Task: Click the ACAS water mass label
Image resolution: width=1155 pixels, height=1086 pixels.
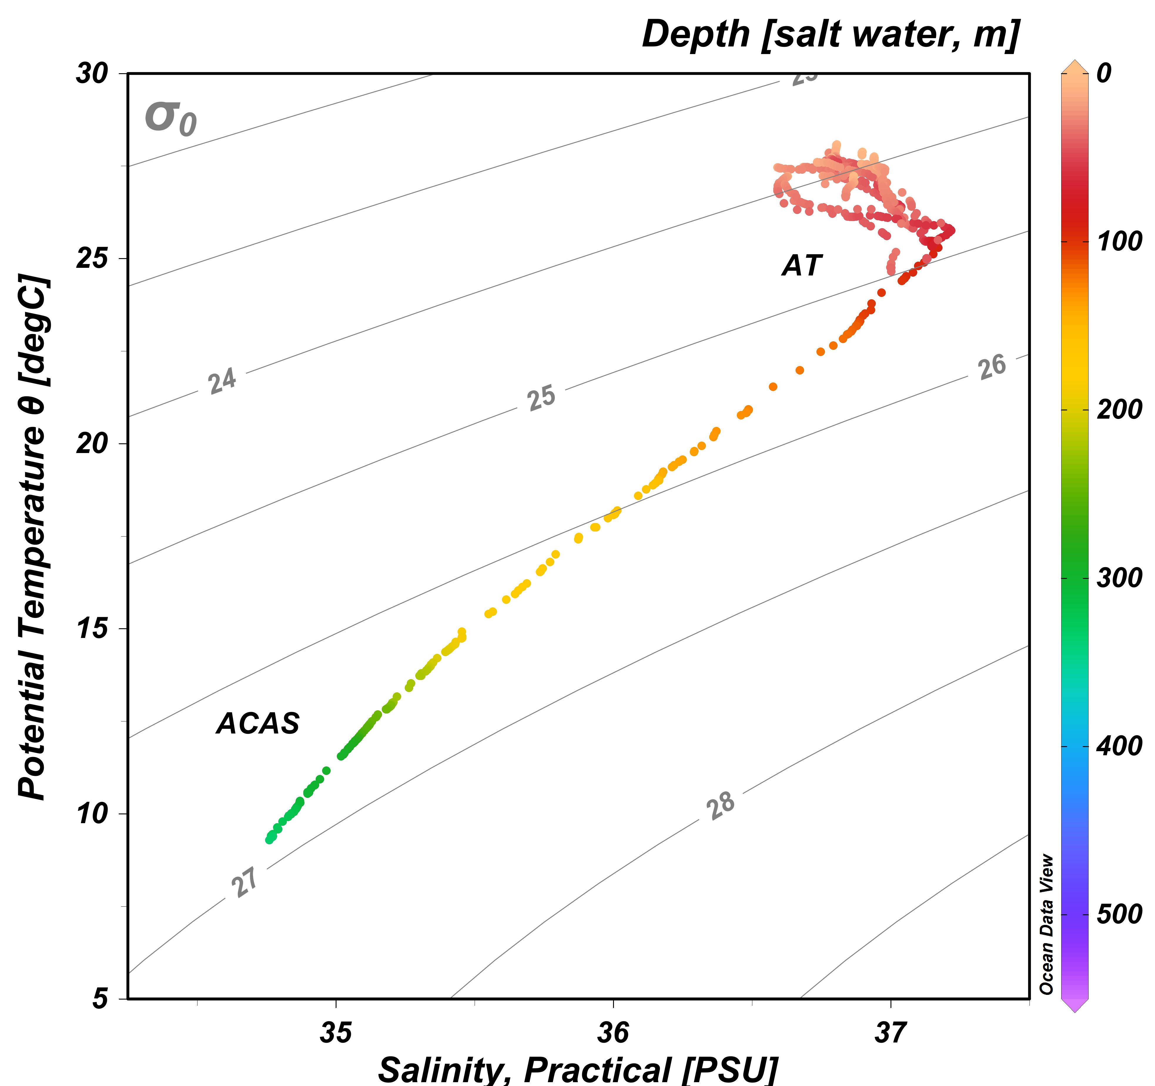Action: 258,724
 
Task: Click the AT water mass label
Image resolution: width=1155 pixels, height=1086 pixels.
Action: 802,265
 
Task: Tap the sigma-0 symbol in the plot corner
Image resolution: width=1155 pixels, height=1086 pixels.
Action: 170,118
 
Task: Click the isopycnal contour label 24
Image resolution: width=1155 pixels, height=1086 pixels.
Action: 222,381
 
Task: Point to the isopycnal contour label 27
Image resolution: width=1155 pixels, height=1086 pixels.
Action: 245,882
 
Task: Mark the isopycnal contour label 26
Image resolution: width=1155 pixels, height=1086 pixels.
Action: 992,367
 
